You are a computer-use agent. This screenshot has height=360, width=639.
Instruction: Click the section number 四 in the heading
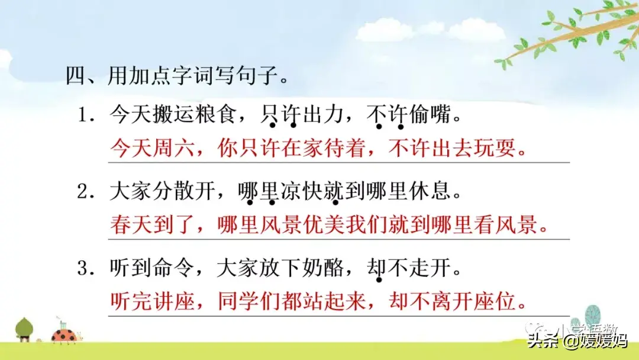pos(76,75)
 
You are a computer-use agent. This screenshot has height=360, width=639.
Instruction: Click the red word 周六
pos(173,147)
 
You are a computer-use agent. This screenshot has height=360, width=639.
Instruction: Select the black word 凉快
pos(302,191)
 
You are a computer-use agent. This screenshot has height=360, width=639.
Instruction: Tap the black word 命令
pos(173,268)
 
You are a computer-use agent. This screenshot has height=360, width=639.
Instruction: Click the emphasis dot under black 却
pos(379,280)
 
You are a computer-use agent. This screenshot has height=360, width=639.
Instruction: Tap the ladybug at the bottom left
pos(65,335)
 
